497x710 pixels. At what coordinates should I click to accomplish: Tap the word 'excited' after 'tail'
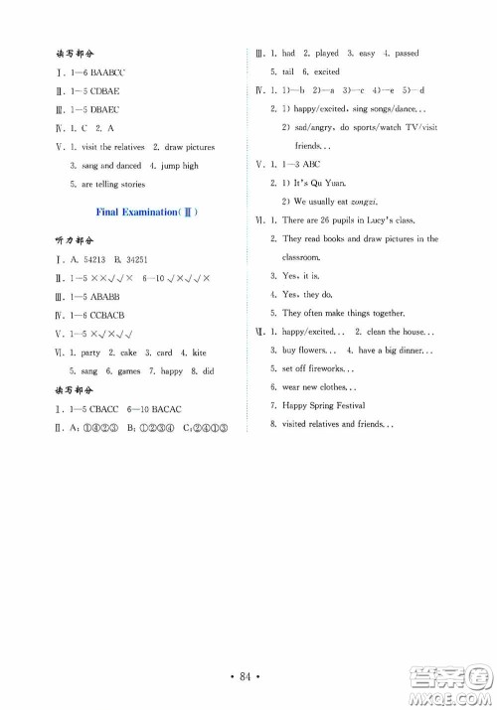pyautogui.click(x=327, y=72)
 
